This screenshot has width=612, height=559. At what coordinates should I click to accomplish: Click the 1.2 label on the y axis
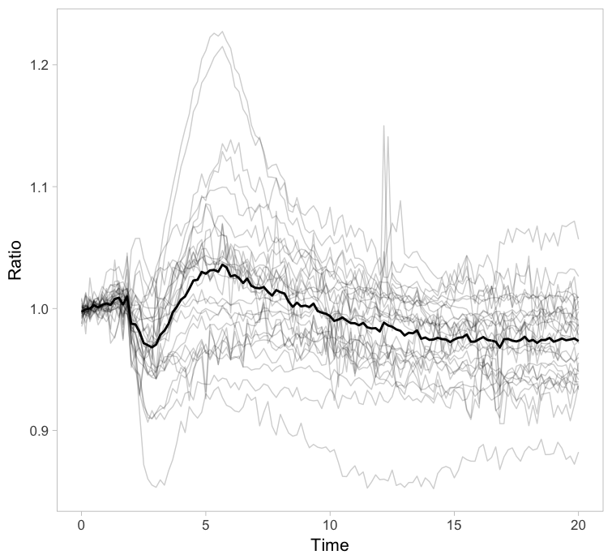(x=37, y=64)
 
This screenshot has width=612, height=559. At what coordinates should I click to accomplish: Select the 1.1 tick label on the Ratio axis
(x=37, y=187)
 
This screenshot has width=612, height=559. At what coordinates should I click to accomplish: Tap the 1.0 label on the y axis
(x=37, y=309)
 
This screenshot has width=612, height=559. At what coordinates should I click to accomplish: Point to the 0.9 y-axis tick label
(x=37, y=431)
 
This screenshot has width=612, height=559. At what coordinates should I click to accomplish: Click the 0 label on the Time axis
(x=81, y=525)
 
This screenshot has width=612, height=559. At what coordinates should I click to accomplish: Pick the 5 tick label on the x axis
(x=205, y=525)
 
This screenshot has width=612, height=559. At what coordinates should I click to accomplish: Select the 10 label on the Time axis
(x=329, y=525)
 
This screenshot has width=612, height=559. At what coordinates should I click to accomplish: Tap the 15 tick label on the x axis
(x=453, y=525)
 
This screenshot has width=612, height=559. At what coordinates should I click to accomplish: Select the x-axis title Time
(x=329, y=545)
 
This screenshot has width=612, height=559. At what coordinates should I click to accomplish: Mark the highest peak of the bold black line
(x=222, y=264)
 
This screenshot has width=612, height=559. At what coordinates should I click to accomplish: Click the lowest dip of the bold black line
(x=153, y=347)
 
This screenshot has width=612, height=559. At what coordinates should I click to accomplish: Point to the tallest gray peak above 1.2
(x=220, y=32)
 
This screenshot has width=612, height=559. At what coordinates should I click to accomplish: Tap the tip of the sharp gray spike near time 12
(x=383, y=126)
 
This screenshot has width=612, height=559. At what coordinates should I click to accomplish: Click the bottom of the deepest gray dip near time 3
(x=155, y=486)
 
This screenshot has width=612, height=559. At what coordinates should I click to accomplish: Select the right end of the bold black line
(x=577, y=341)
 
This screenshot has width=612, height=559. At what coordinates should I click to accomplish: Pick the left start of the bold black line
(x=81, y=311)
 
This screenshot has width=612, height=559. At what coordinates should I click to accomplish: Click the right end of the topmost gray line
(x=577, y=239)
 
